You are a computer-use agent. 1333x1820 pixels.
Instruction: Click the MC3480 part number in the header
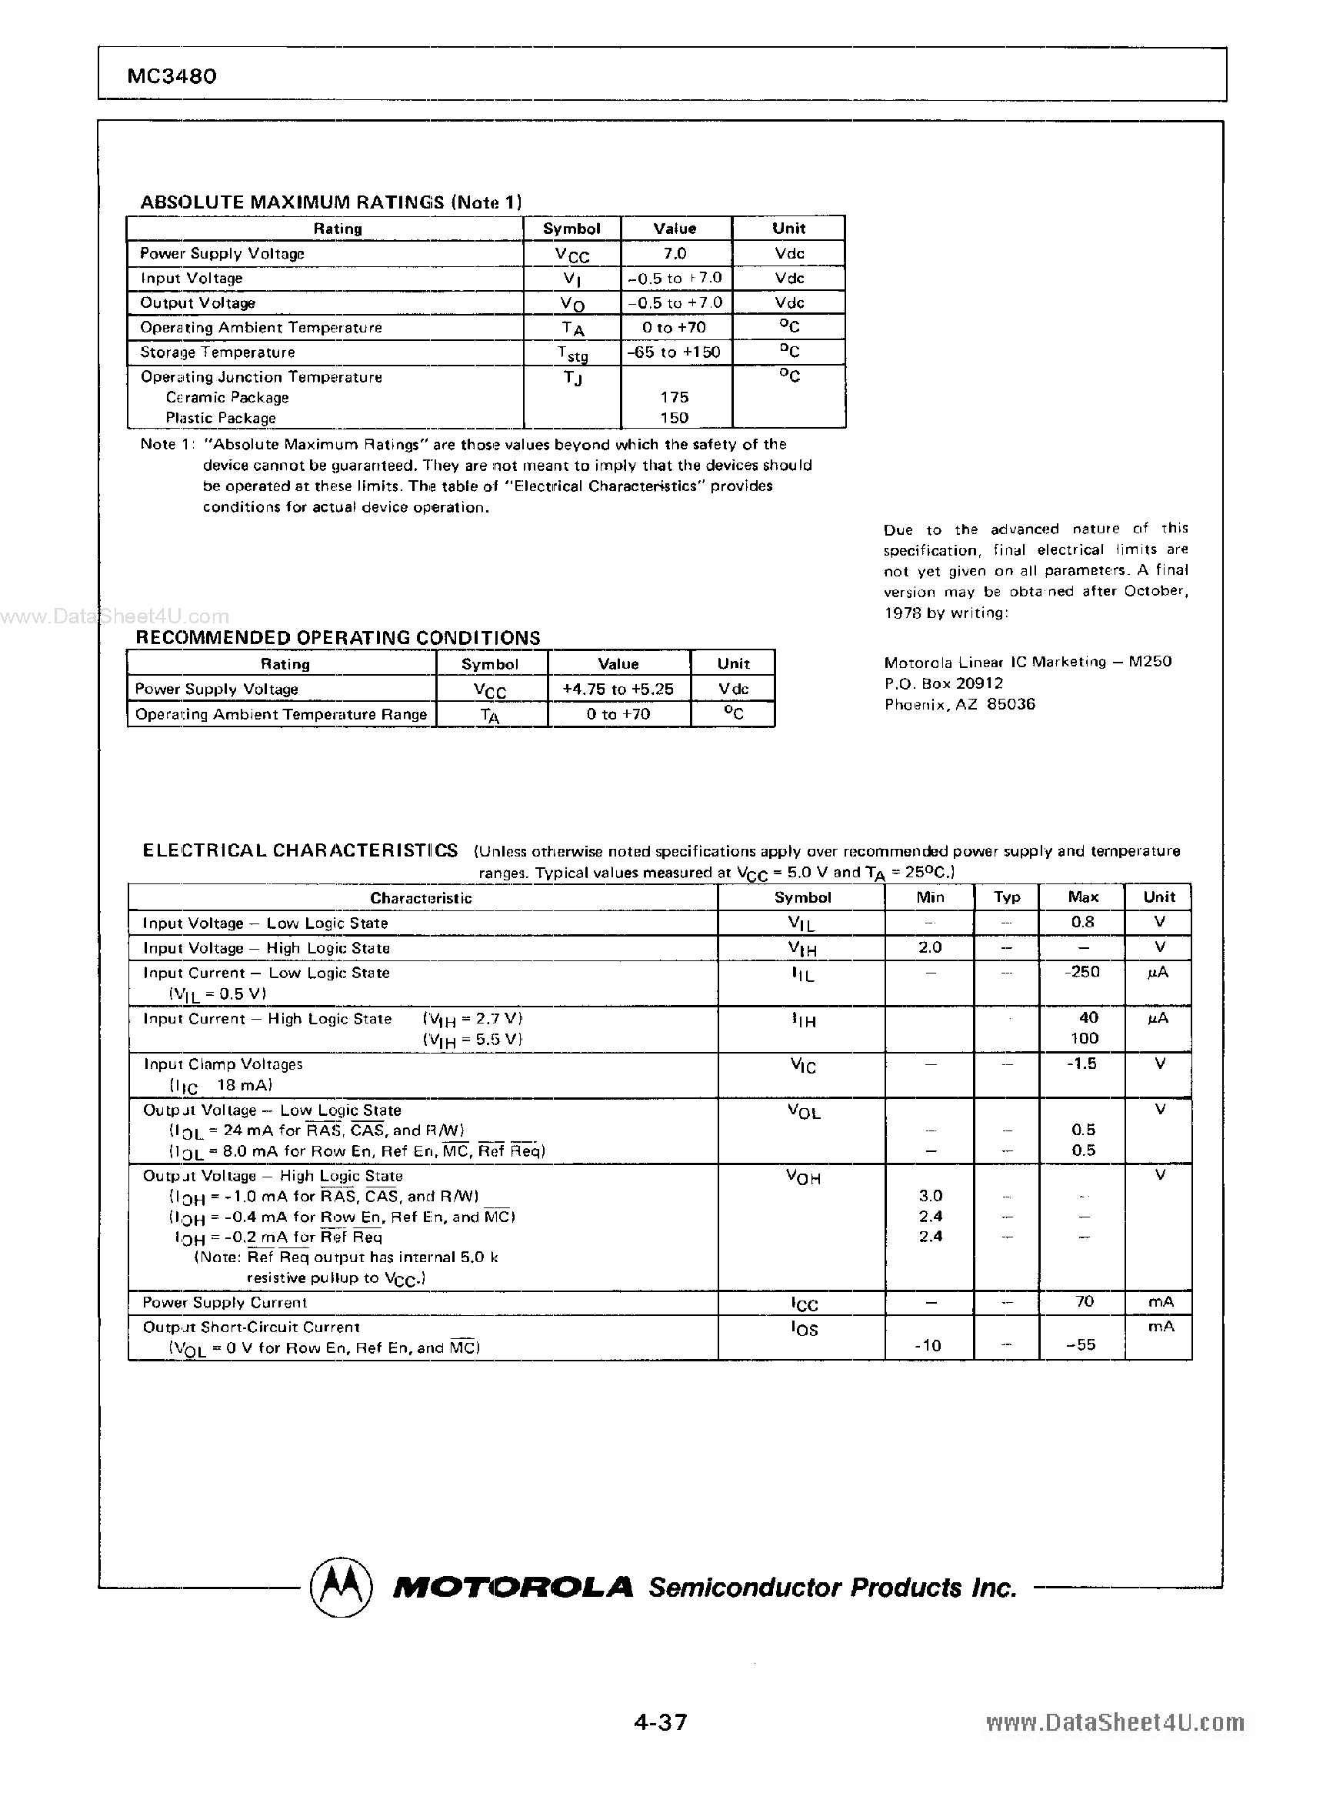[x=172, y=76]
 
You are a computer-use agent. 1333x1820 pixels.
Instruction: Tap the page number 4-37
[x=660, y=1721]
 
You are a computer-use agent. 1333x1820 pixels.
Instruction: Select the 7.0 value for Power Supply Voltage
[x=675, y=253]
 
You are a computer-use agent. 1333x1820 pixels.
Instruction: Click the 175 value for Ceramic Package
[x=674, y=397]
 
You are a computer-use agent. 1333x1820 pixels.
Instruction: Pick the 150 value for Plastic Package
[x=674, y=418]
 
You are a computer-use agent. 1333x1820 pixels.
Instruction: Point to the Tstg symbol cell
[x=572, y=353]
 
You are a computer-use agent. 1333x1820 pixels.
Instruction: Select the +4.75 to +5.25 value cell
[x=618, y=690]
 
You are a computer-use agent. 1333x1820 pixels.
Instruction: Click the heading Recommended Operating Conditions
[x=337, y=638]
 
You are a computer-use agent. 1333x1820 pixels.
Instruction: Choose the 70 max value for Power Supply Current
[x=1084, y=1301]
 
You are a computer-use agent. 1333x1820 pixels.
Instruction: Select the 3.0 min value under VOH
[x=931, y=1195]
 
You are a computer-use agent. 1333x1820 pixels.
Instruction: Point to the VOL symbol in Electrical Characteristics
[x=803, y=1112]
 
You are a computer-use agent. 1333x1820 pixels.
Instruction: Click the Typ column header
[x=1006, y=897]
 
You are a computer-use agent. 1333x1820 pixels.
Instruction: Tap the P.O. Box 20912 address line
[x=943, y=683]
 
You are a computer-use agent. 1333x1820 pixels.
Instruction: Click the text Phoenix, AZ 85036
[x=959, y=704]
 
